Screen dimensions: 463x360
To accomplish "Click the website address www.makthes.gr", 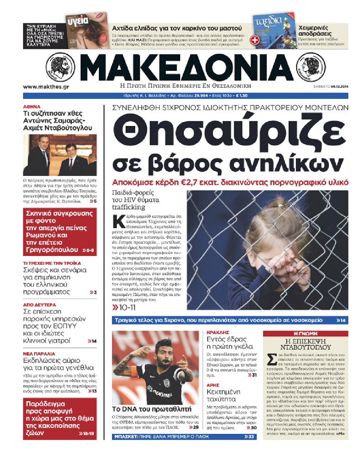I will pos(46,87).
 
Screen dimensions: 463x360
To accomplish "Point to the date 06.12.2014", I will pos(339,87).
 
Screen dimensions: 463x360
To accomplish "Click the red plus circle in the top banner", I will pos(255,40).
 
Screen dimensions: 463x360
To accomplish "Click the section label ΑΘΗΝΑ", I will pos(32,107).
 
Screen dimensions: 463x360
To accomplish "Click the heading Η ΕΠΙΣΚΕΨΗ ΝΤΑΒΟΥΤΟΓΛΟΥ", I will pos(305,344).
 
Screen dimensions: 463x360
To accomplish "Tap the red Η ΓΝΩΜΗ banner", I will pos(305,333).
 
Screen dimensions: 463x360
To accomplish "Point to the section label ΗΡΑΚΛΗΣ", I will pos(218,332).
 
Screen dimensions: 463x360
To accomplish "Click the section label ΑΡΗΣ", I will pos(213,385).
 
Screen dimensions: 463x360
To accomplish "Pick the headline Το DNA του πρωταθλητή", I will pos(152,409).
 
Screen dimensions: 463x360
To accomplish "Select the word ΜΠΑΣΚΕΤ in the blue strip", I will pos(125,436).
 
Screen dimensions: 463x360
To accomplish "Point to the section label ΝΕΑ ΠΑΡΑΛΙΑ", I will pos(39,354).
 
